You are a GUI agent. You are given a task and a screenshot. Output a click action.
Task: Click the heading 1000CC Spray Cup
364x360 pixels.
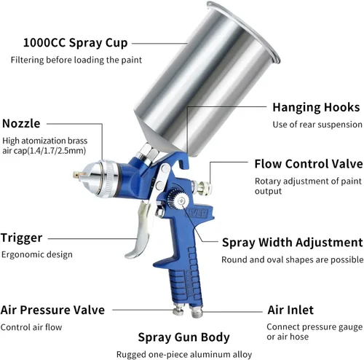75,43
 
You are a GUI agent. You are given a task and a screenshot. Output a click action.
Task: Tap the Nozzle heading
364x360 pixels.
21,123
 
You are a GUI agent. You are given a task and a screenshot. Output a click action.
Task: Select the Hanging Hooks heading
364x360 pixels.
316,107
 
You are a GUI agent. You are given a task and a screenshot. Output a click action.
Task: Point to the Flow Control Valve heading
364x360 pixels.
309,164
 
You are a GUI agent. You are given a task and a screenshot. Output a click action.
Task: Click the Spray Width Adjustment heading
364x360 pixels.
293,243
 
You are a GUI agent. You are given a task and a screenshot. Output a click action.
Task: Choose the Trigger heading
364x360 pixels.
22,238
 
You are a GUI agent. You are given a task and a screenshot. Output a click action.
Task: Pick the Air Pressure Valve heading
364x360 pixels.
52,310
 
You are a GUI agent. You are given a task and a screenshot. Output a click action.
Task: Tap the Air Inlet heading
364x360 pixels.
290,310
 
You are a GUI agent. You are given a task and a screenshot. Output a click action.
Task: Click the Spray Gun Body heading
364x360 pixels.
183,337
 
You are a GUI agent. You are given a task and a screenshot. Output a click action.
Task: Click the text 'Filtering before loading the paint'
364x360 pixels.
76,60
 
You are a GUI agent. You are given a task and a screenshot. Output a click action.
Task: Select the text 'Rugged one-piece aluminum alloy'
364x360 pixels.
184,354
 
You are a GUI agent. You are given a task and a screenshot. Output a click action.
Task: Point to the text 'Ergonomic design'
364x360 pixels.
37,254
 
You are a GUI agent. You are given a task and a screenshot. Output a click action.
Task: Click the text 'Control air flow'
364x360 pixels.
31,327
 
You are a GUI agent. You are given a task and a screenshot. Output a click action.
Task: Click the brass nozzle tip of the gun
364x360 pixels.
79,175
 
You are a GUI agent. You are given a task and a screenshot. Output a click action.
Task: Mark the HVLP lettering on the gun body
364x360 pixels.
197,213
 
